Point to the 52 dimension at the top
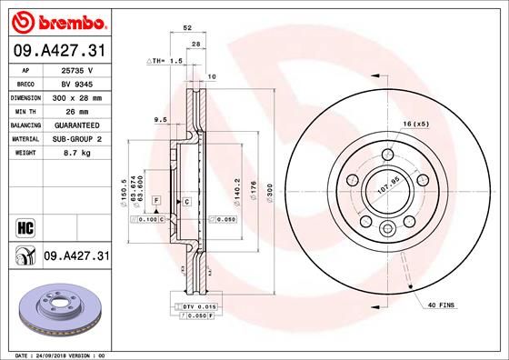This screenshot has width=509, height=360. click(186, 29)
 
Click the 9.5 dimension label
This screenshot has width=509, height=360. click(160, 119)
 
